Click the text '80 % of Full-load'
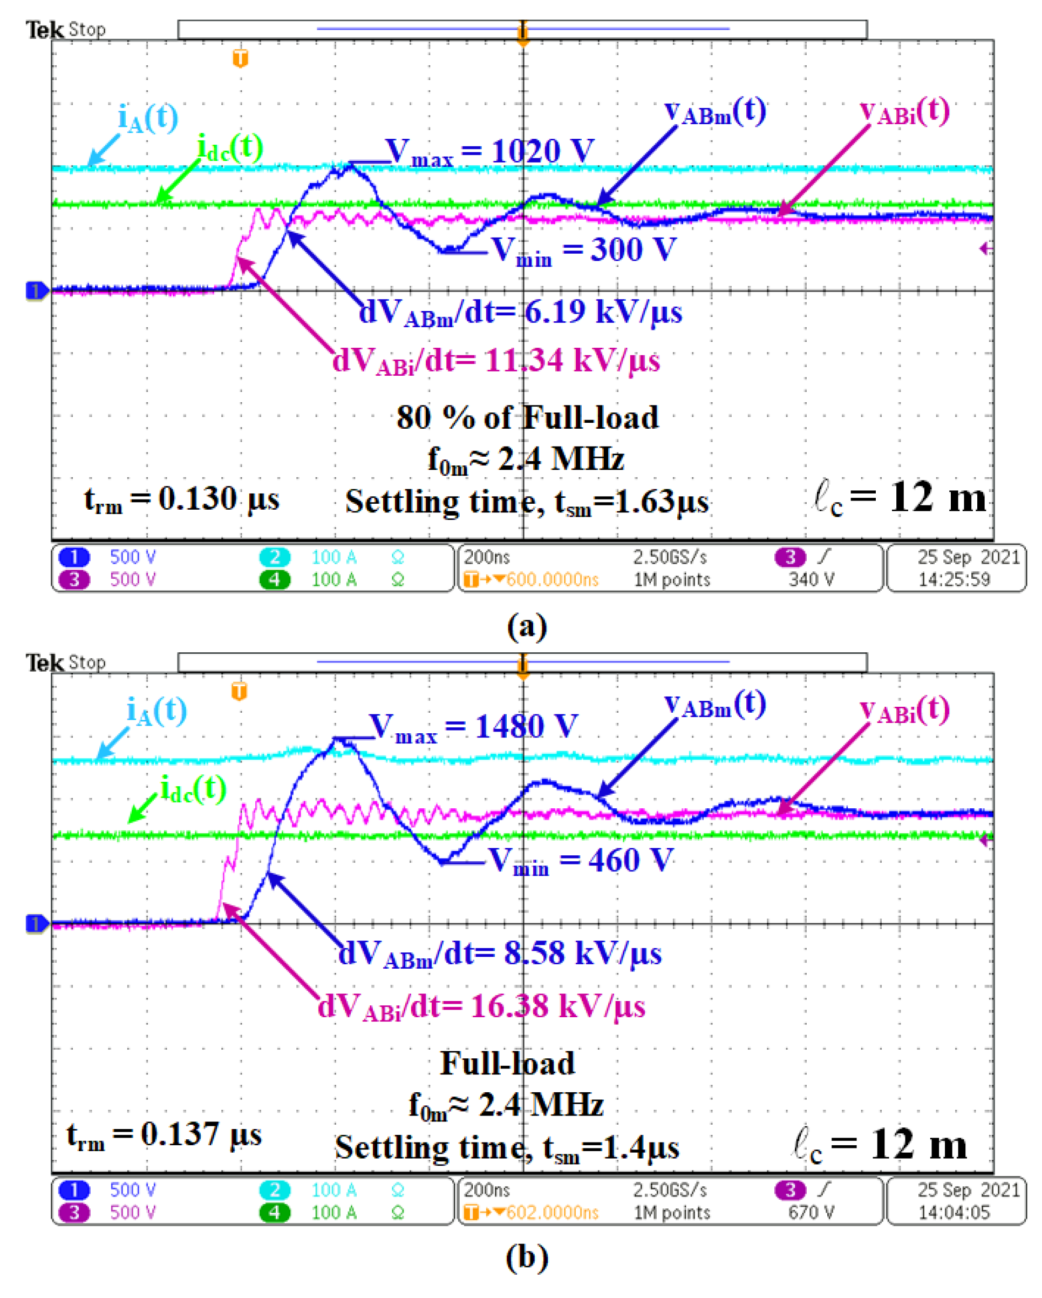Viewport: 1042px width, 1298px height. tap(528, 417)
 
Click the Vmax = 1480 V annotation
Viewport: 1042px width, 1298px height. tap(473, 727)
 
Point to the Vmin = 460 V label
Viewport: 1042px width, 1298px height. tap(581, 860)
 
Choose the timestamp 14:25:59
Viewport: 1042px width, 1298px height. tap(953, 579)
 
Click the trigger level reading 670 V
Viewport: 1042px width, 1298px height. tap(811, 1212)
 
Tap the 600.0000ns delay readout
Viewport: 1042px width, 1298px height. tap(552, 580)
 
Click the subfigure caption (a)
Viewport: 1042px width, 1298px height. tap(527, 626)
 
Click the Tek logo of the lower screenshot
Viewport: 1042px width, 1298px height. tap(44, 663)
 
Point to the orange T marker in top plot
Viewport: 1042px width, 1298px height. tap(240, 58)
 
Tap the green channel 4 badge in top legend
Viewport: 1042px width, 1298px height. tap(275, 579)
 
